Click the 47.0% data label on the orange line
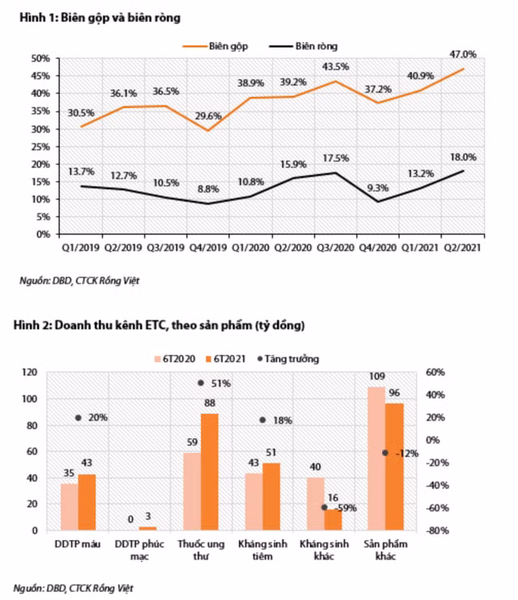(x=463, y=54)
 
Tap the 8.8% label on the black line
(x=208, y=189)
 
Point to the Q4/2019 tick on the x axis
(x=210, y=247)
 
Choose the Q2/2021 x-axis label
(x=465, y=247)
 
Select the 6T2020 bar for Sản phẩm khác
(x=376, y=458)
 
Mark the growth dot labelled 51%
(x=201, y=382)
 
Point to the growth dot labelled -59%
(x=324, y=507)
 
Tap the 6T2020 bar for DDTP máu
(x=70, y=506)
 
